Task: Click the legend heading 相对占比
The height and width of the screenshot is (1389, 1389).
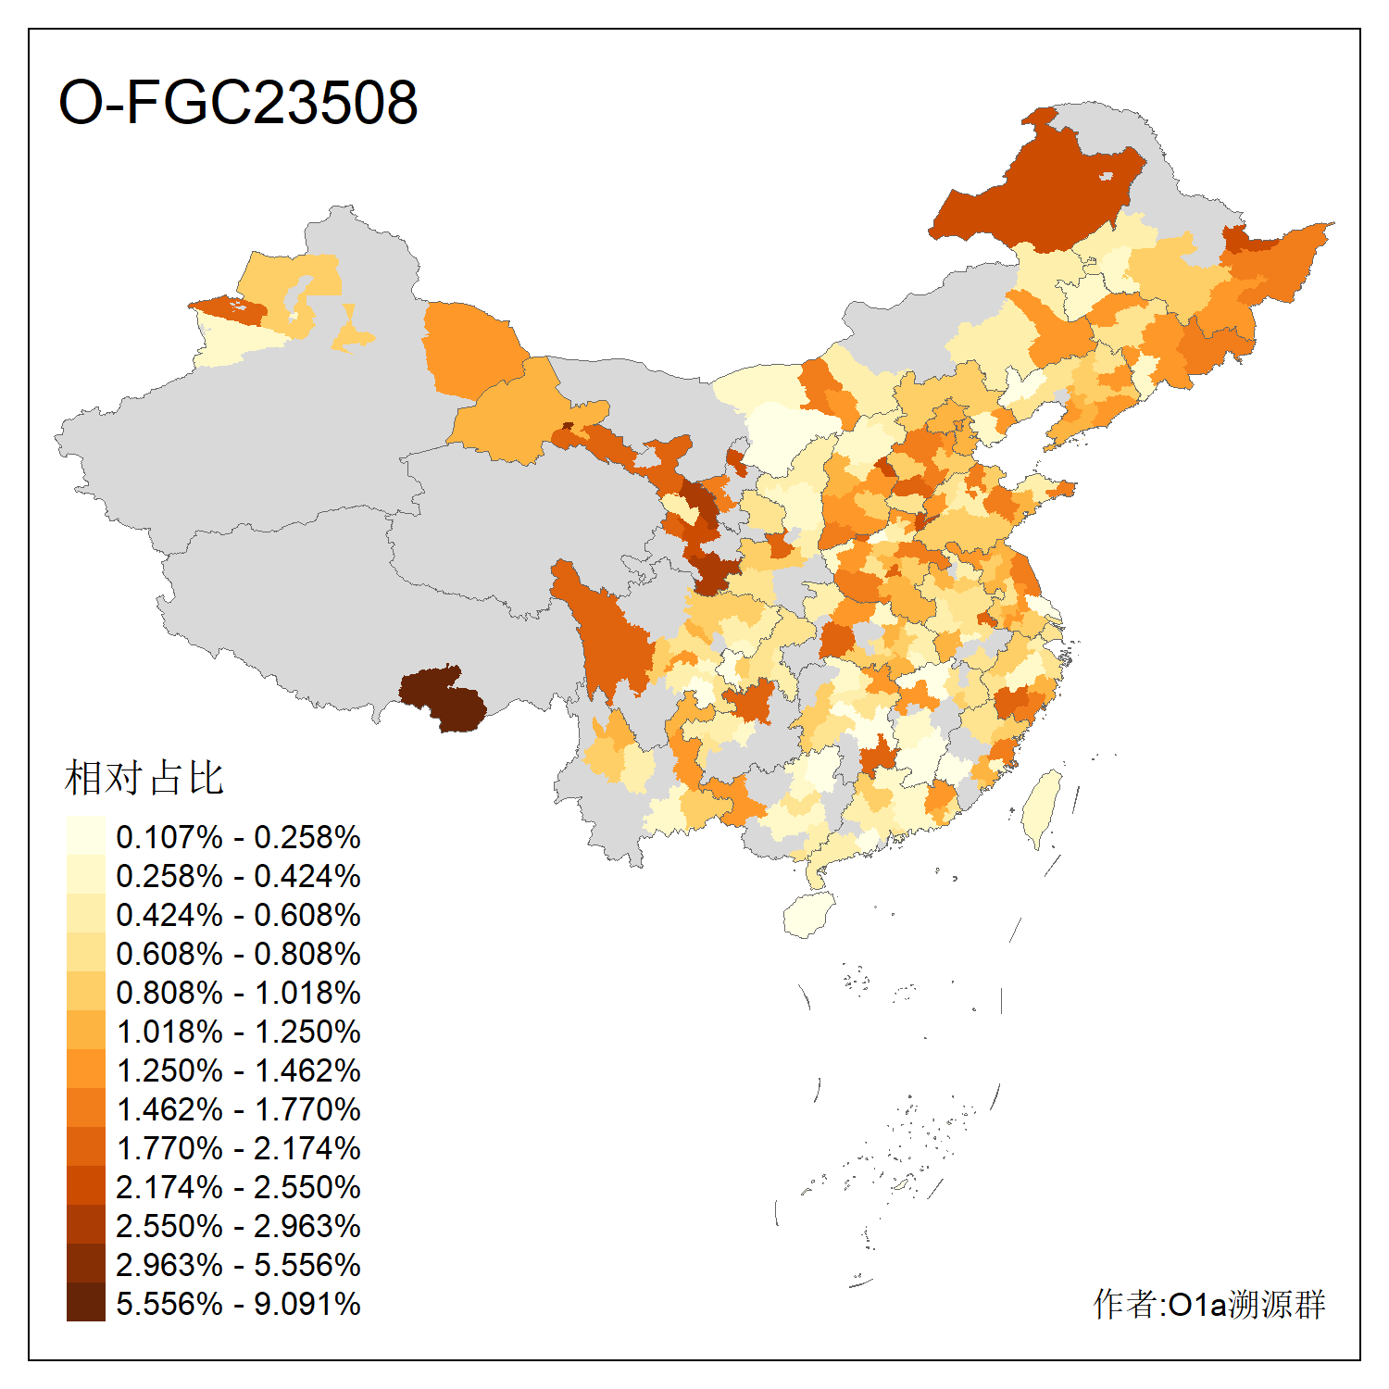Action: tap(144, 778)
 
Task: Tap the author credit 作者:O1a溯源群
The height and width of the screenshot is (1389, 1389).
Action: tap(1208, 1304)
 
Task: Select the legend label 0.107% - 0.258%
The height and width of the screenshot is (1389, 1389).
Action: tap(238, 837)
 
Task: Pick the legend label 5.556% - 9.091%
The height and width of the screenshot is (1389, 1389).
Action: tap(238, 1304)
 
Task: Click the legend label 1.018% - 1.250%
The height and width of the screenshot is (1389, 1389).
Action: tap(238, 1032)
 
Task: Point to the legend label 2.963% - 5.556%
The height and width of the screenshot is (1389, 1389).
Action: tap(238, 1265)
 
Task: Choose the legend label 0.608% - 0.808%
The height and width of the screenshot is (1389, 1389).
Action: tap(238, 954)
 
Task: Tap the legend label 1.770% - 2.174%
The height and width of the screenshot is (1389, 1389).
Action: tap(238, 1148)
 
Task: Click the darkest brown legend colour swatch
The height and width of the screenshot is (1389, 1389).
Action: tap(86, 1302)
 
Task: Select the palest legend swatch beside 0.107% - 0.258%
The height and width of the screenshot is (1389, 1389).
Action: tap(86, 835)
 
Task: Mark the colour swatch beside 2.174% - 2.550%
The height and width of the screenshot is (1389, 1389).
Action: tap(86, 1185)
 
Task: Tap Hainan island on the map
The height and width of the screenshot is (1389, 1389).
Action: tap(808, 915)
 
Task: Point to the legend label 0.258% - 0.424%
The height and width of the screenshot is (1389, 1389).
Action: tap(238, 876)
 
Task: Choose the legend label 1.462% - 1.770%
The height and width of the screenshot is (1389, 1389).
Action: tap(238, 1109)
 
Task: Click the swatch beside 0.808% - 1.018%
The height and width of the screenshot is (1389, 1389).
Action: tap(86, 991)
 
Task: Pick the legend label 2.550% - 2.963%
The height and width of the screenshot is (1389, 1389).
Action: tap(238, 1226)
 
